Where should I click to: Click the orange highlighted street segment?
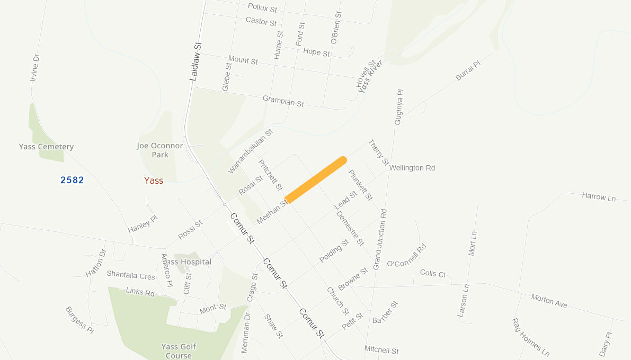[316, 180]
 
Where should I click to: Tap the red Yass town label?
[154, 181]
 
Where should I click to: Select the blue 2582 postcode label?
[72, 180]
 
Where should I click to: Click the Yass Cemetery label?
[46, 147]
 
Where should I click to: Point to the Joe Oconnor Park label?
[160, 150]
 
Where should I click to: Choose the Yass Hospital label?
[188, 262]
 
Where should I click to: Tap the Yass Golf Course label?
[179, 351]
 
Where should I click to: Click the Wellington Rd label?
[412, 168]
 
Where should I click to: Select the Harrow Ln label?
[599, 197]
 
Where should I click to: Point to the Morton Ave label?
[549, 301]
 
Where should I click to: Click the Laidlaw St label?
[196, 61]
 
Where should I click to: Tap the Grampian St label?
[283, 101]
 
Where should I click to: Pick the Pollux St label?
[262, 8]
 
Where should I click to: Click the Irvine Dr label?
[35, 67]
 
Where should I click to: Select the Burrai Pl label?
[467, 70]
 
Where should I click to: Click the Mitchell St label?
[381, 350]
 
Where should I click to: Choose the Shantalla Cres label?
[131, 275]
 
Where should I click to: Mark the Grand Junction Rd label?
[380, 239]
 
